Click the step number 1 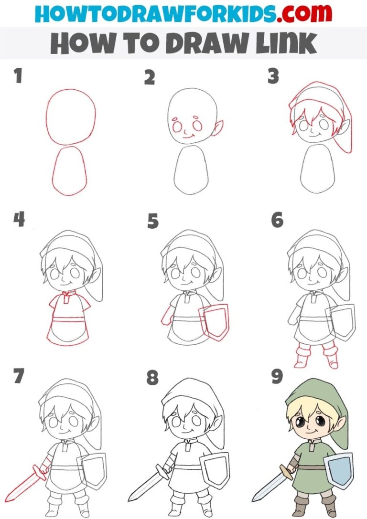[18, 76]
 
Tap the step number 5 [153, 221]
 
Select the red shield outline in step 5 [214, 321]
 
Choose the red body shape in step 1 [70, 170]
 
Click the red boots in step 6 [315, 356]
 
